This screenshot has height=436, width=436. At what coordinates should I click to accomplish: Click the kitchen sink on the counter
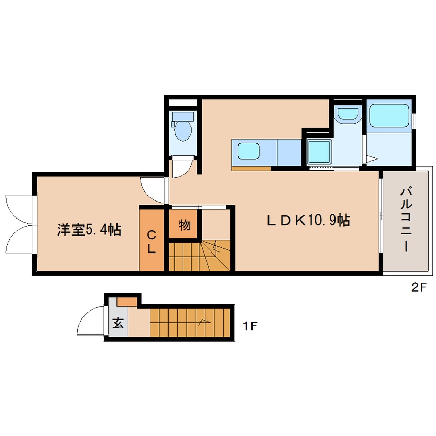click(248, 152)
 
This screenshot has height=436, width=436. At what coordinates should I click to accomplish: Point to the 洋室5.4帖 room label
click(89, 230)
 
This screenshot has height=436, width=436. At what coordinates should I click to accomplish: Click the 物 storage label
click(184, 225)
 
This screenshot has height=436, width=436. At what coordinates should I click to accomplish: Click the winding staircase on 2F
click(201, 255)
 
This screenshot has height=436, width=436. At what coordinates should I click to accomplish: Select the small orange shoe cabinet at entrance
click(127, 301)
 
